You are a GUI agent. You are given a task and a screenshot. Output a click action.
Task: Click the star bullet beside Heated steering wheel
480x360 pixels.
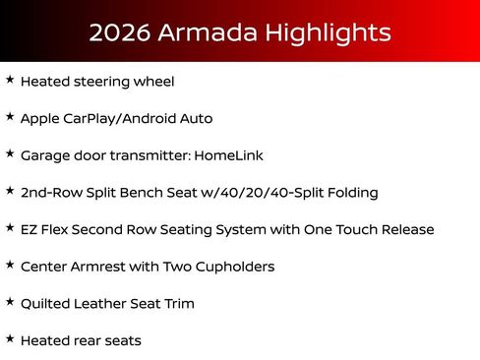[10, 79]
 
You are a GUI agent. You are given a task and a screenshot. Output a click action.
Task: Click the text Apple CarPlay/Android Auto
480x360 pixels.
[116, 119]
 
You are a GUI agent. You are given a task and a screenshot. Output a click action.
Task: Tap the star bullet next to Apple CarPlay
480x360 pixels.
[10, 116]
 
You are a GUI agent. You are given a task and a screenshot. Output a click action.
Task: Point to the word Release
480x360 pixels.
[405, 229]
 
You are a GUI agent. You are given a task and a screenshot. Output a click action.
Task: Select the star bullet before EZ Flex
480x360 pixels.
[10, 227]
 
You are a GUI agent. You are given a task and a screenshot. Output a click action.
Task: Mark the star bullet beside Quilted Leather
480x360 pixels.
[10, 301]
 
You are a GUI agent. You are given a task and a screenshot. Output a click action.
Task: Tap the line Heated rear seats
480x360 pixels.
[81, 340]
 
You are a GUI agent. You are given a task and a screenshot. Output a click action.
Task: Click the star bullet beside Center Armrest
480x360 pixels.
[10, 265]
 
